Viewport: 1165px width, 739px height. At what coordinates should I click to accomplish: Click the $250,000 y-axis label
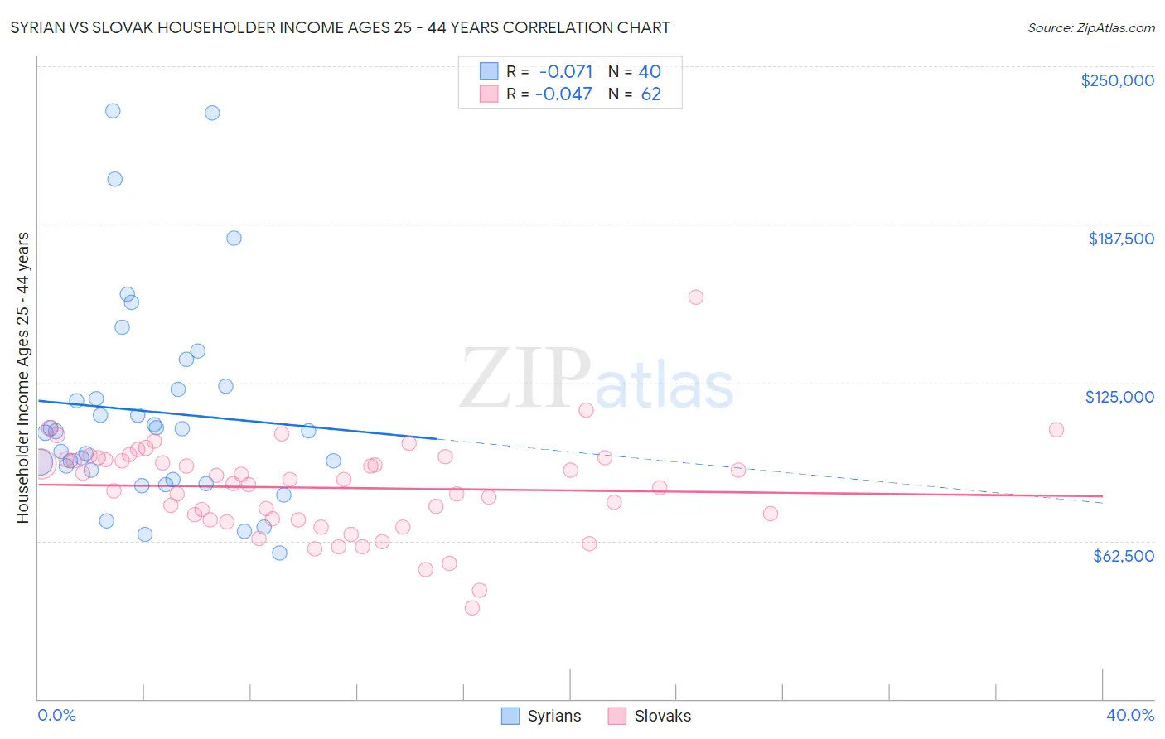coord(1117,80)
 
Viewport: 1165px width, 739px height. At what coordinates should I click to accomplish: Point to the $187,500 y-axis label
coord(1120,239)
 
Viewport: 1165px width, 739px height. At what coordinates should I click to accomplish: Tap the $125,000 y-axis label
coord(1119,397)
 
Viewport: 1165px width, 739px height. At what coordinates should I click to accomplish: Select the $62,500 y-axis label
coord(1123,556)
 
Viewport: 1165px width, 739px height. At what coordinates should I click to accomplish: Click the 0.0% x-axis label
coord(56,715)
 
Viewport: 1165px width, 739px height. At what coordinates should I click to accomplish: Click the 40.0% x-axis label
coord(1129,715)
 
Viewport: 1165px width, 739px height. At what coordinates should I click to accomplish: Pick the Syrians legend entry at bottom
coord(542,716)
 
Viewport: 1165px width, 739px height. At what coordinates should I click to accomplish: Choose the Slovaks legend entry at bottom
coord(649,716)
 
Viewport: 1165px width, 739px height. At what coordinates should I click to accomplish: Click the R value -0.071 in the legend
coord(566,71)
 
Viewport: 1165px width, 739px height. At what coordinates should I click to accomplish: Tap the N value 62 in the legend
coord(650,94)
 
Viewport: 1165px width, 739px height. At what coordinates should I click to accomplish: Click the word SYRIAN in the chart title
coord(38,27)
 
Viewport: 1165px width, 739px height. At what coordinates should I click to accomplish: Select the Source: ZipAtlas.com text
coord(1090,27)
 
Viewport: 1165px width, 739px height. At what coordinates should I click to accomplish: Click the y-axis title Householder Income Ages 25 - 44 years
coord(22,377)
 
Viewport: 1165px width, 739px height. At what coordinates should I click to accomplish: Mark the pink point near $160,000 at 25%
coord(696,297)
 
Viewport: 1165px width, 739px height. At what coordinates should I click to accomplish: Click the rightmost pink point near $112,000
coord(1056,429)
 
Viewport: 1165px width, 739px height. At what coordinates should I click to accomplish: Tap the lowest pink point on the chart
coord(472,607)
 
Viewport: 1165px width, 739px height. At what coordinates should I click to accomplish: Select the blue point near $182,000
coord(234,238)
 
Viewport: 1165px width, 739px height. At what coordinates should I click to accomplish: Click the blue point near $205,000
coord(115,179)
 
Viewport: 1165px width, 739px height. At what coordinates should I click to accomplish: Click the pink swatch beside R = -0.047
coord(489,94)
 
